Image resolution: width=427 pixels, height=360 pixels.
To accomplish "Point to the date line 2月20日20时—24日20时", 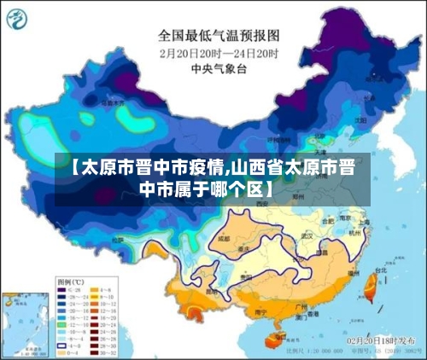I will [219, 52].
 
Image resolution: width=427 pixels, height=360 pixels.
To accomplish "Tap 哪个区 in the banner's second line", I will [233, 187].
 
